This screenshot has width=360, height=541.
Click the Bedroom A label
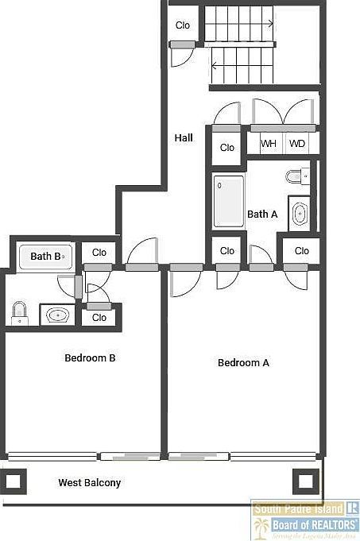click(x=243, y=363)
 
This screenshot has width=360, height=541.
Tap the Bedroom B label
click(x=90, y=358)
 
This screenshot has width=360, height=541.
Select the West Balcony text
click(x=90, y=482)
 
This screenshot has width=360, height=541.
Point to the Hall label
click(x=184, y=138)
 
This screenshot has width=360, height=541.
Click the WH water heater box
click(x=269, y=144)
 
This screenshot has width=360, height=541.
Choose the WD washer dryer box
click(x=296, y=144)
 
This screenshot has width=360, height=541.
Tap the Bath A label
click(x=262, y=214)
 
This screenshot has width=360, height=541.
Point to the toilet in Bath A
click(x=295, y=176)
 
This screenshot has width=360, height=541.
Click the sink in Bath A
click(x=300, y=214)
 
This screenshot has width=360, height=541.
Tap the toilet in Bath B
click(x=20, y=314)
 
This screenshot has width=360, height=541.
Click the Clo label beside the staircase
click(x=183, y=25)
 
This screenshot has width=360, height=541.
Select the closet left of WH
click(x=227, y=148)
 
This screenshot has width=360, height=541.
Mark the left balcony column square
click(x=14, y=481)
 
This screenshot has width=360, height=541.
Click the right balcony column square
click(x=305, y=481)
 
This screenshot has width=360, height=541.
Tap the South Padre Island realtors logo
click(x=305, y=520)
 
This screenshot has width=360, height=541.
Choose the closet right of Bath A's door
click(x=301, y=251)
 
